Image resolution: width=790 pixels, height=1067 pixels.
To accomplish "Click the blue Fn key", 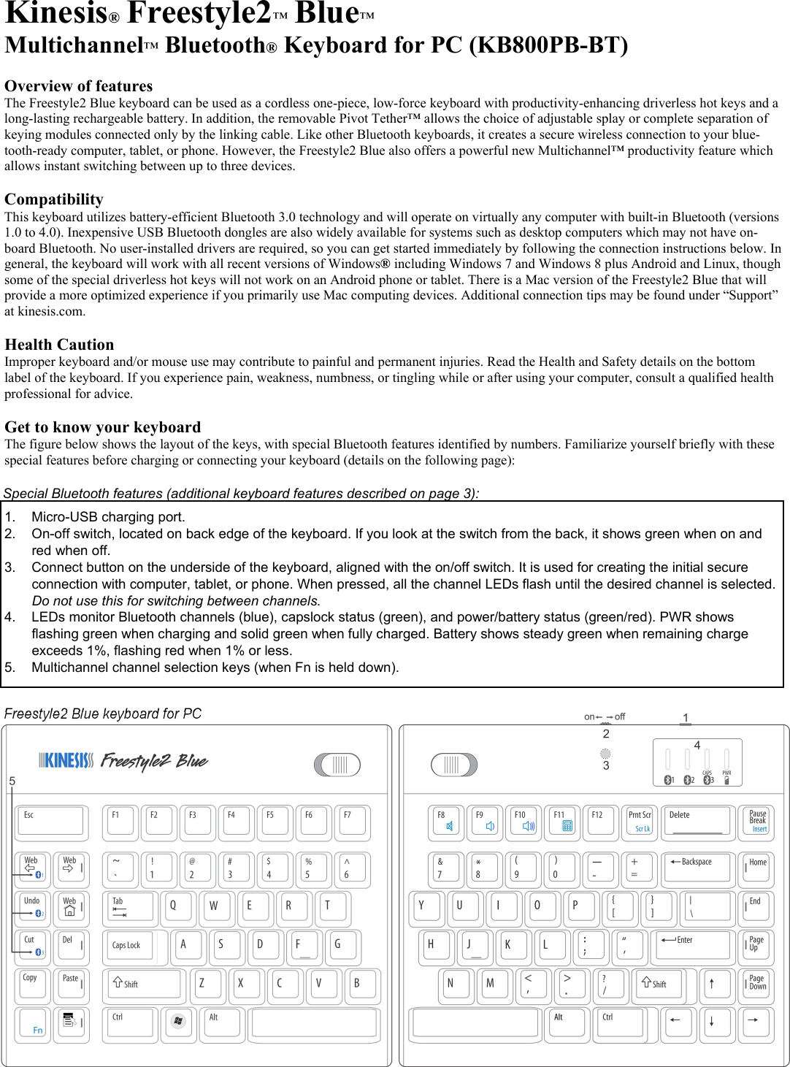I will [x=34, y=1023].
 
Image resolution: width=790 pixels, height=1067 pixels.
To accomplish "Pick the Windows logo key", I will [x=178, y=1022].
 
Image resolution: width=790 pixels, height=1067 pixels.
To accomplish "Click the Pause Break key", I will [x=756, y=821].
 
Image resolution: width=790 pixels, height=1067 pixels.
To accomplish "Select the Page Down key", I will [x=756, y=983].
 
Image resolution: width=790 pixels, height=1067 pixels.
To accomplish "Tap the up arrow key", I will [x=712, y=983].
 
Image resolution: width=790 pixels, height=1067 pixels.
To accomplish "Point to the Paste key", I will [x=72, y=983].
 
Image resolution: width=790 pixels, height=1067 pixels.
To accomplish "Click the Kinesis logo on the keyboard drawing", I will [x=66, y=761].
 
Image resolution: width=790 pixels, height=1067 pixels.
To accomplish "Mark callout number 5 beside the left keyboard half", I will [x=12, y=781].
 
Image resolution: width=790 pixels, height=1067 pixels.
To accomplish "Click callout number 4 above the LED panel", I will [x=697, y=745].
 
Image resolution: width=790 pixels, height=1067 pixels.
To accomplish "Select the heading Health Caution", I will [x=59, y=345].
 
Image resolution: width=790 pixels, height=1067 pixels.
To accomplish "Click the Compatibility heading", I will [x=54, y=199].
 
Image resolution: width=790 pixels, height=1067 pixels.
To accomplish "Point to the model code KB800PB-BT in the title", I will [x=548, y=45].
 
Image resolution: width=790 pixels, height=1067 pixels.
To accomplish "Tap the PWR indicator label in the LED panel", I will [x=726, y=773].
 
